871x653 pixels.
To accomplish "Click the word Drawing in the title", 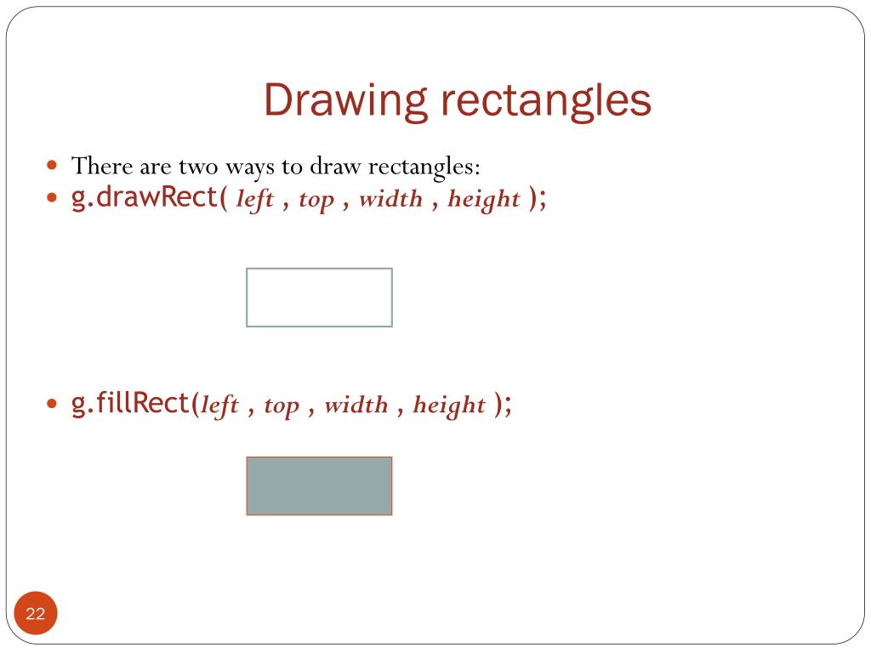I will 344,101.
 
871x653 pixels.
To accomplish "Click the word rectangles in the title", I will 545,101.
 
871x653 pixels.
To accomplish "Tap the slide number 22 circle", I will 36,614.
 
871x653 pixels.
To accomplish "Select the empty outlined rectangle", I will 319,298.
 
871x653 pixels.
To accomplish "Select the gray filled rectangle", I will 319,485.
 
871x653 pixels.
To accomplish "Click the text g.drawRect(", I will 150,198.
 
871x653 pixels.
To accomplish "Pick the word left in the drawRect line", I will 254,199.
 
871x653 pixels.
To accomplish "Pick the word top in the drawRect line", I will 316,200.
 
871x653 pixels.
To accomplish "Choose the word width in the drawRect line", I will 390,199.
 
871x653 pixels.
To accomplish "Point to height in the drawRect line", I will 483,200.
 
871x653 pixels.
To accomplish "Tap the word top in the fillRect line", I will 282,406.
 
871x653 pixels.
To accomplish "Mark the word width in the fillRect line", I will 356,405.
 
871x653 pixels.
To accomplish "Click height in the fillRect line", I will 449,406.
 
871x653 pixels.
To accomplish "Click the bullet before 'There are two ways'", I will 53,164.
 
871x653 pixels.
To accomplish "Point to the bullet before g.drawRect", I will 53,199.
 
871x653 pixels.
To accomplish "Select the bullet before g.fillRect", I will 53,404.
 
